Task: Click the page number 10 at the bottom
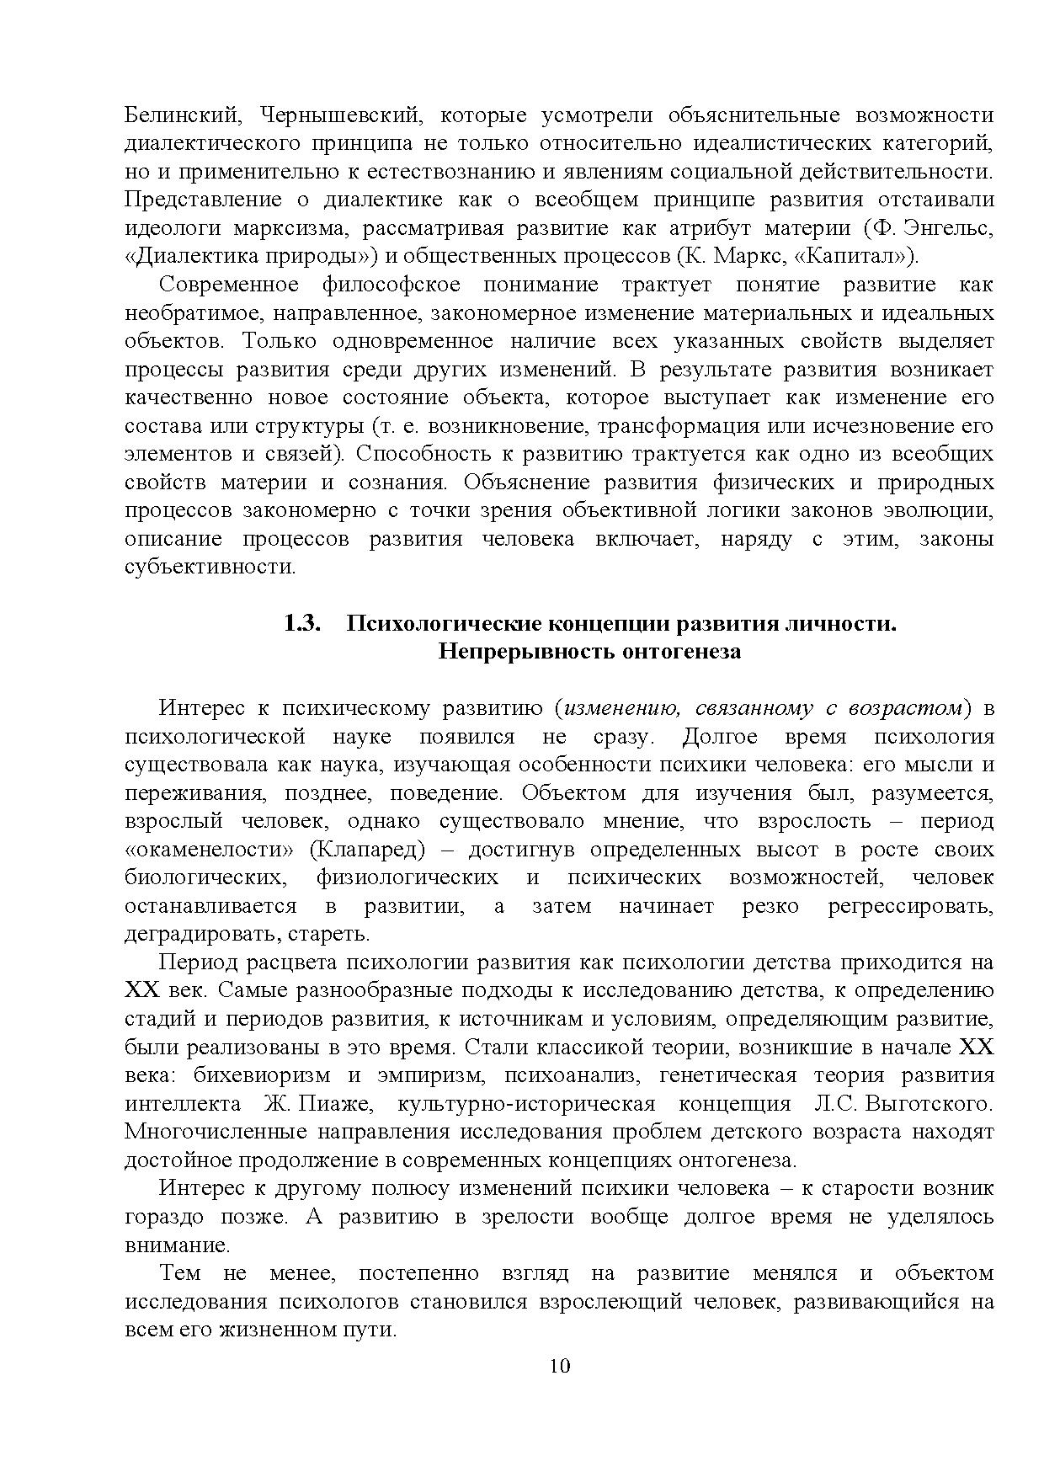point(560,1366)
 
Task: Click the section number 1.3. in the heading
point(302,624)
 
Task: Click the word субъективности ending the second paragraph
point(210,567)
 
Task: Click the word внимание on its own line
point(176,1245)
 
